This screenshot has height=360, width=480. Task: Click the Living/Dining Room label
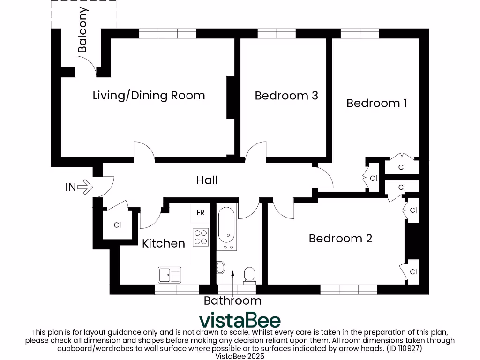click(x=149, y=96)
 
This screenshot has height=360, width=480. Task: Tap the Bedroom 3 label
click(x=286, y=96)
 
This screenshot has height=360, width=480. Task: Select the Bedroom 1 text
click(x=376, y=103)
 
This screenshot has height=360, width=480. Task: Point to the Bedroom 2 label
click(x=340, y=239)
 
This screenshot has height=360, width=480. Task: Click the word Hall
click(x=207, y=180)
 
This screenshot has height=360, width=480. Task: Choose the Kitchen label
click(x=164, y=243)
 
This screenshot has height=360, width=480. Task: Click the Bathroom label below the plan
click(x=232, y=300)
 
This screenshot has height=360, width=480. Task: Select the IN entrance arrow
click(x=85, y=187)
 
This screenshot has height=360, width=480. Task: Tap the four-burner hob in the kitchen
click(x=201, y=237)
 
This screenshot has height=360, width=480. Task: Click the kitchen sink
click(x=169, y=274)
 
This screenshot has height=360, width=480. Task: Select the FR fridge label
click(x=201, y=213)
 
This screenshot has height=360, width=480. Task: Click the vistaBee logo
click(x=240, y=320)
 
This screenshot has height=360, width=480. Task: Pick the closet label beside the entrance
click(x=117, y=225)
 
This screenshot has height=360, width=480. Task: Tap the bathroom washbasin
click(x=221, y=268)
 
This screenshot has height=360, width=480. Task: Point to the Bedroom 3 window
click(x=277, y=33)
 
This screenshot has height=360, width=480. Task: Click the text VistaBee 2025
click(x=240, y=356)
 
